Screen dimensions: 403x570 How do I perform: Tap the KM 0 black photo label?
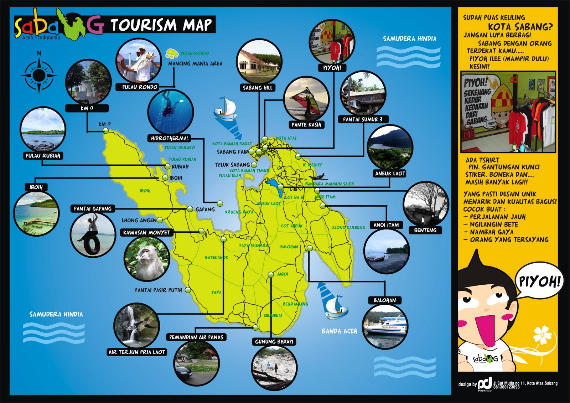[x=87, y=108]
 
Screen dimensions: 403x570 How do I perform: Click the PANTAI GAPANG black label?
[x=93, y=208]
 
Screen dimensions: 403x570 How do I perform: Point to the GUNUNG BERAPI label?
[x=274, y=342]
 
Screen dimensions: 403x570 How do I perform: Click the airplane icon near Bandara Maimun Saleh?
[x=318, y=177]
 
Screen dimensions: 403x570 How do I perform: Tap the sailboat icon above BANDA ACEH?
[x=335, y=307]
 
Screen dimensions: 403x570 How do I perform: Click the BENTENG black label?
[x=425, y=230]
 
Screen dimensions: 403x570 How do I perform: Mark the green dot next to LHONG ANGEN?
[x=160, y=220]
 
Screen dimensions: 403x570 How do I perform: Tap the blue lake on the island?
[x=275, y=187]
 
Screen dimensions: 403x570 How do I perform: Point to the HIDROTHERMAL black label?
[x=170, y=138]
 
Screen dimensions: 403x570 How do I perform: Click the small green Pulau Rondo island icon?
[x=172, y=53]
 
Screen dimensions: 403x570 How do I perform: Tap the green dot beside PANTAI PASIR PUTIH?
[x=188, y=290]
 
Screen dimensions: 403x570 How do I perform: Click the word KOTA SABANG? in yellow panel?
[x=520, y=26]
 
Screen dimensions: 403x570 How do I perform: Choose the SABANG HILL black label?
[x=257, y=88]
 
